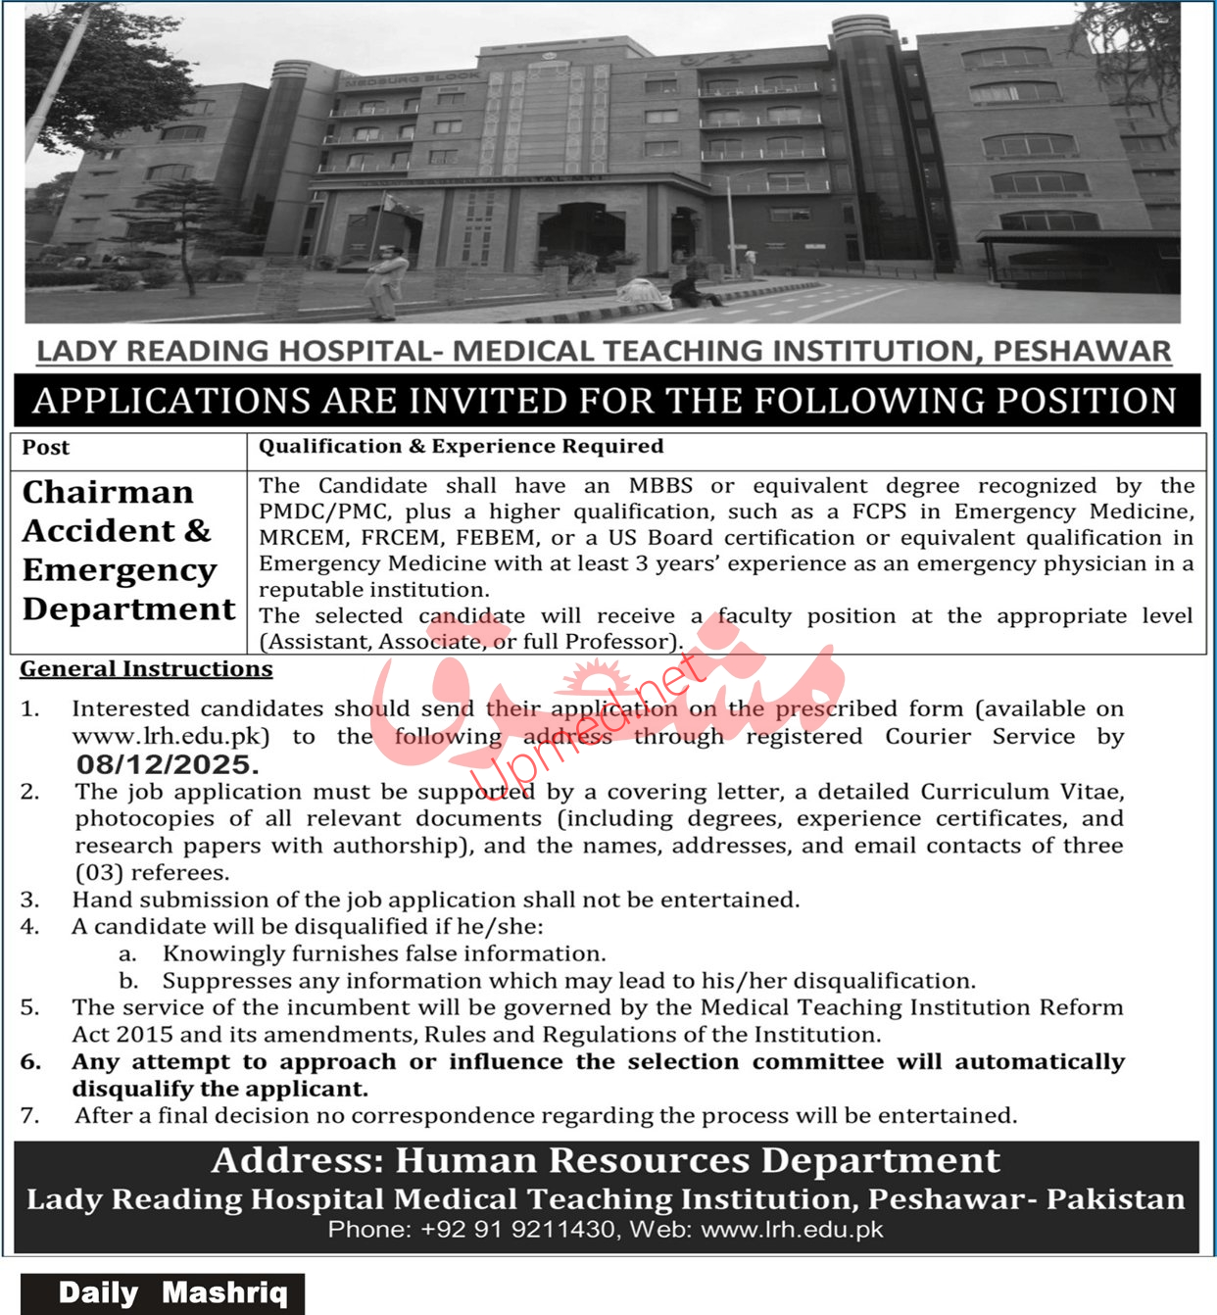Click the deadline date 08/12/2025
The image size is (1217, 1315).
[x=167, y=765]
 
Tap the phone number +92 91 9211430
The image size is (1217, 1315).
[x=518, y=1230]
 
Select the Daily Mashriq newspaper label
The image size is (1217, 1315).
[x=172, y=1293]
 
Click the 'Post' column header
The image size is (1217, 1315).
[x=46, y=448]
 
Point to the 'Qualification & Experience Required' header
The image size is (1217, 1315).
[x=461, y=447]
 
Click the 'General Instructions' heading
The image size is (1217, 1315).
[x=146, y=669]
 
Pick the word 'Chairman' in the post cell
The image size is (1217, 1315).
[x=108, y=492]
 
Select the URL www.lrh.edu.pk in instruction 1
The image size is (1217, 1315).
[x=170, y=737]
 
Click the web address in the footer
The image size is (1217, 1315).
[x=792, y=1230]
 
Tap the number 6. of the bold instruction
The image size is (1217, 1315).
[x=31, y=1062]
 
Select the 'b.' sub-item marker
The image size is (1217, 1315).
[x=128, y=981]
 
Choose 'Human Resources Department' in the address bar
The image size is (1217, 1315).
[x=697, y=1161]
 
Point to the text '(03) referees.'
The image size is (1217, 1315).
[x=152, y=873]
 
